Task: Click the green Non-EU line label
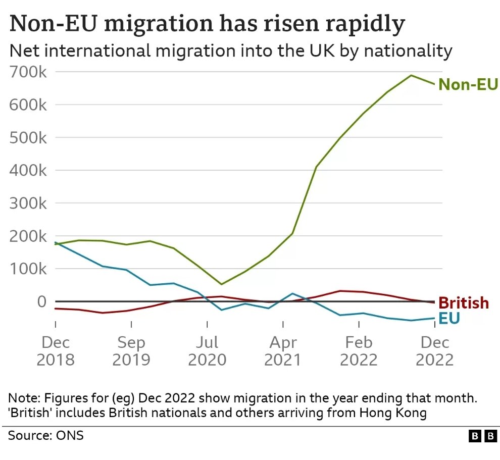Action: tap(468, 84)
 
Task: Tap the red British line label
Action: tap(464, 303)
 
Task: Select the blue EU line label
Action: tap(449, 319)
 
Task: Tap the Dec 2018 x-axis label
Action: tap(56, 351)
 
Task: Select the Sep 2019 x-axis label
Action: tap(131, 351)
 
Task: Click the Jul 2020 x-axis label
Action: tap(207, 351)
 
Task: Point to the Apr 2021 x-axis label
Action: tap(283, 351)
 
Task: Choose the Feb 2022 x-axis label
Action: tap(359, 351)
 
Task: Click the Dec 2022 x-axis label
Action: tap(435, 351)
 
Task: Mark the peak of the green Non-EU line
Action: tap(411, 76)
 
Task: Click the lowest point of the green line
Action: tap(221, 284)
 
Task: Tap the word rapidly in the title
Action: tap(353, 24)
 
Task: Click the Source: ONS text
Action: tap(46, 435)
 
